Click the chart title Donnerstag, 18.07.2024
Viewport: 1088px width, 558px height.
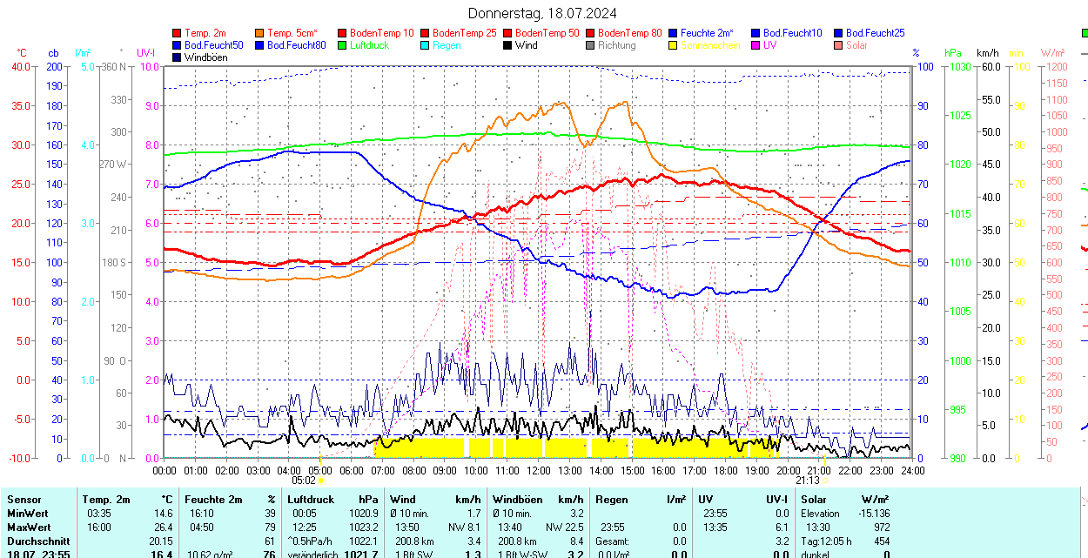tap(542, 13)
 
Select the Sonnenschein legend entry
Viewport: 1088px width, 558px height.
tap(710, 45)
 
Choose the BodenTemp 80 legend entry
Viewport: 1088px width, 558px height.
tap(630, 33)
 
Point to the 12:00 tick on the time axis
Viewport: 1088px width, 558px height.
tap(539, 471)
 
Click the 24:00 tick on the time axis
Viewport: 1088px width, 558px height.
tap(912, 471)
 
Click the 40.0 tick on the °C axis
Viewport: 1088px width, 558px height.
tap(19, 66)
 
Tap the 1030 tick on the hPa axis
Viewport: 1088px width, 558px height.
tap(960, 66)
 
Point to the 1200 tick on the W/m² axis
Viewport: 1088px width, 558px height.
tap(1054, 66)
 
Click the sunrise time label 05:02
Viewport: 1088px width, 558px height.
tap(304, 481)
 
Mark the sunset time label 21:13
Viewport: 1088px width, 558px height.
tap(808, 481)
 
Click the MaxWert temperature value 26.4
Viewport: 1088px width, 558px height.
tap(163, 528)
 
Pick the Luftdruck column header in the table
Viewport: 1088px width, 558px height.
tap(311, 500)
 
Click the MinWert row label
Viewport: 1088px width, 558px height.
tap(29, 514)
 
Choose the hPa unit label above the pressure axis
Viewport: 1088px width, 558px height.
tap(953, 53)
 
